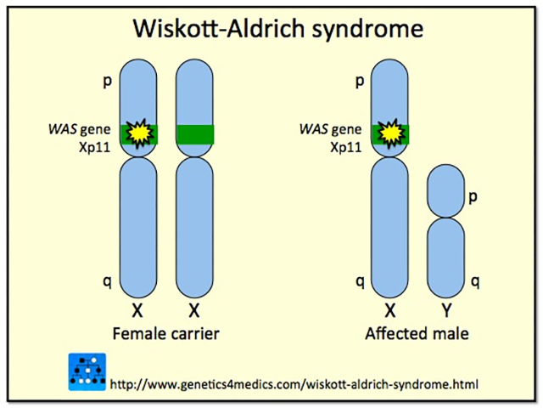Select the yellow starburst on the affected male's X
pos(391,133)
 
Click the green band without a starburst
pos(194,133)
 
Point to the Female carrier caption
pos(167,334)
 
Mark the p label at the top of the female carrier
pos(106,82)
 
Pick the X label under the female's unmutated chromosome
pos(194,309)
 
